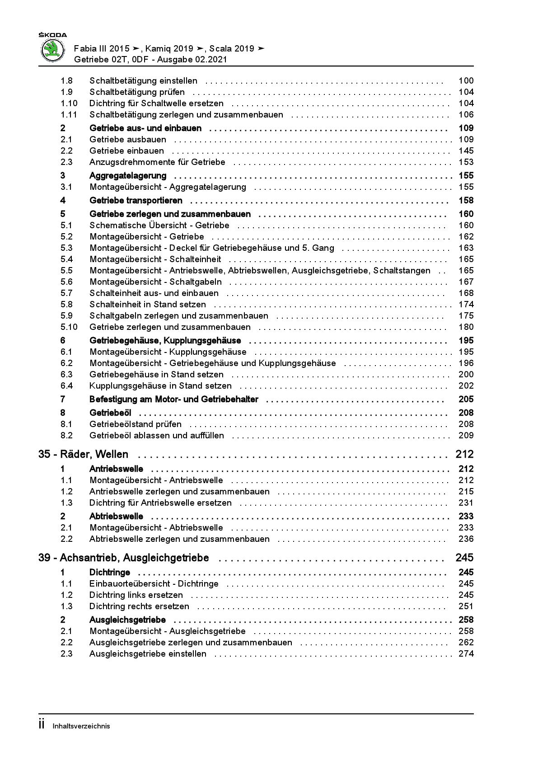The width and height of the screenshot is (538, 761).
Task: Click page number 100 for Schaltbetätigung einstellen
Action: coord(466,81)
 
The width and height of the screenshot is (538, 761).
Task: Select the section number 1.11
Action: coord(69,115)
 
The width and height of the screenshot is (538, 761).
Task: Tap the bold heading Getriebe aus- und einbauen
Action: coord(145,128)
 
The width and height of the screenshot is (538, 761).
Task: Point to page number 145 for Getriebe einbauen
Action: coord(466,151)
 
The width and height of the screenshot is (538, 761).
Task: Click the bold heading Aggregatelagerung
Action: coord(128,176)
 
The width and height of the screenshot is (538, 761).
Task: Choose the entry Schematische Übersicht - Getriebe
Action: coord(159,225)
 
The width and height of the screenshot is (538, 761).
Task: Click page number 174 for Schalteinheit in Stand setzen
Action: coord(466,305)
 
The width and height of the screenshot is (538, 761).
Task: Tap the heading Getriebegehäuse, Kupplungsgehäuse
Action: coord(165,341)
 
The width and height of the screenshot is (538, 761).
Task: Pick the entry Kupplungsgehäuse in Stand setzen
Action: coord(160,386)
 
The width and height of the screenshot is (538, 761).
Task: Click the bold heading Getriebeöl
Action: coord(110,413)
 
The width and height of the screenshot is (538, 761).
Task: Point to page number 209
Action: coord(466,436)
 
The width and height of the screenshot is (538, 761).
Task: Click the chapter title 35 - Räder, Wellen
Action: coord(84,455)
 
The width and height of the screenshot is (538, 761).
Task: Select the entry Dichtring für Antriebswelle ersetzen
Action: coord(160,503)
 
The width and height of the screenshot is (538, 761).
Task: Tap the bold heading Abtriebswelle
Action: coord(116,517)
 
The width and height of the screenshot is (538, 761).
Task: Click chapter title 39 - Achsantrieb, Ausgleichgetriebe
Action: coord(124,558)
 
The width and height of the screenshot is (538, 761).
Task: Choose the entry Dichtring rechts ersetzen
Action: coord(139,606)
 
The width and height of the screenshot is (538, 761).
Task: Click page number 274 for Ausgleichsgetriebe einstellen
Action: coord(466,654)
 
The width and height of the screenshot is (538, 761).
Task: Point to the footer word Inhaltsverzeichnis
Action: coord(81,726)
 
